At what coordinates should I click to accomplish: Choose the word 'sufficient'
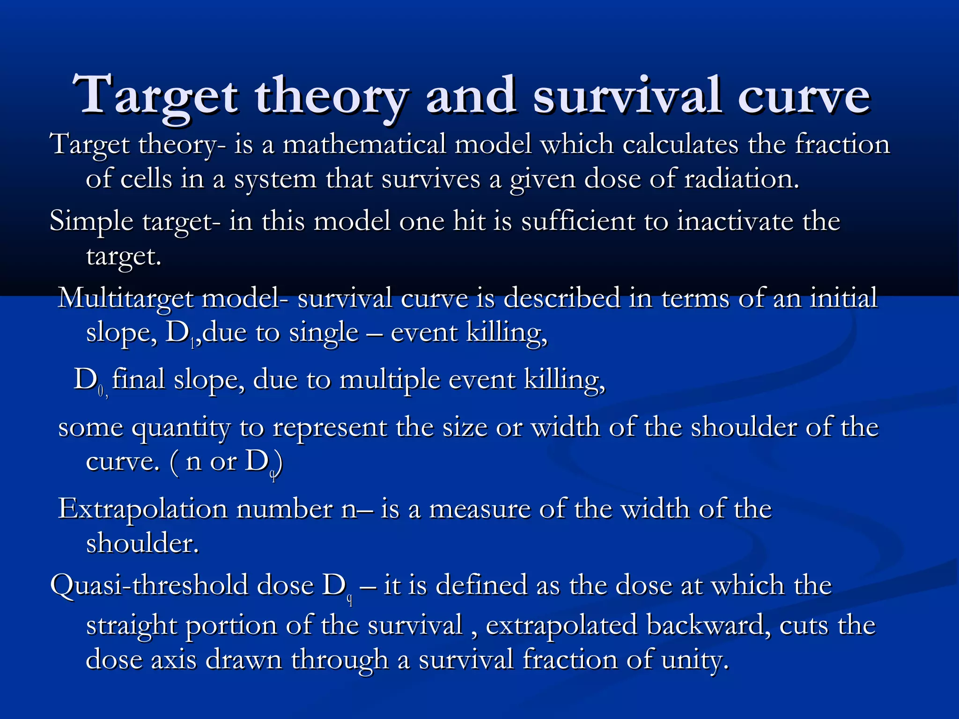[578, 221]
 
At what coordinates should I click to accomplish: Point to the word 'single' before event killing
[324, 333]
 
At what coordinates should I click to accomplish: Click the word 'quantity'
[181, 428]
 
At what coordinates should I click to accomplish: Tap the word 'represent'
[330, 428]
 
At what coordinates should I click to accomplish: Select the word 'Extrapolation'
[143, 509]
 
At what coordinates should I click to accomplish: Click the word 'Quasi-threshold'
[149, 586]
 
